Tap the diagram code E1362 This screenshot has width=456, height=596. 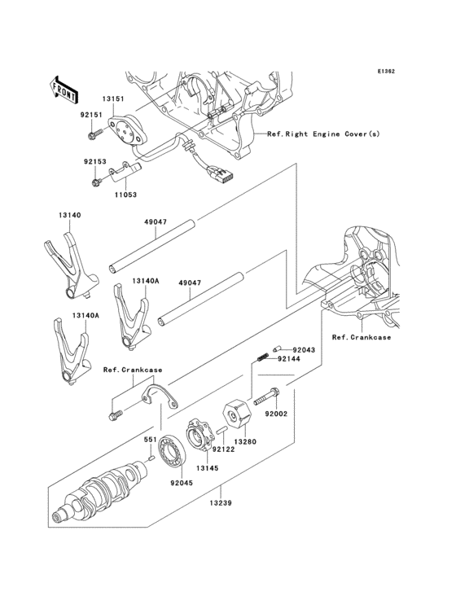click(x=385, y=72)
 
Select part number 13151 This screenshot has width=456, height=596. click(x=113, y=99)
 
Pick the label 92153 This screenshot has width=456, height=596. click(x=92, y=162)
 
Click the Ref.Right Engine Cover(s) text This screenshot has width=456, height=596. click(x=322, y=134)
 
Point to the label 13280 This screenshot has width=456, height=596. click(x=245, y=442)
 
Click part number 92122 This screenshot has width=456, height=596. click(x=223, y=449)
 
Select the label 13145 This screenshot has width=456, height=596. click(x=207, y=468)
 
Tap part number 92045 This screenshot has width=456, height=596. click(x=182, y=482)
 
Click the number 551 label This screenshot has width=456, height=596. click(x=151, y=440)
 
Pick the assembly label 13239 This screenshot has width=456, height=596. click(x=221, y=504)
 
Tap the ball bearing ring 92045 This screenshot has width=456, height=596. click(x=174, y=453)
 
